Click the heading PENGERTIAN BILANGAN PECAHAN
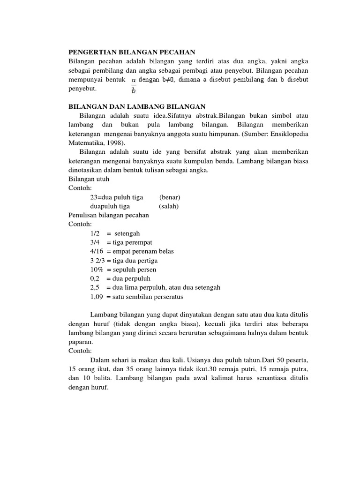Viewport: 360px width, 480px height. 131,52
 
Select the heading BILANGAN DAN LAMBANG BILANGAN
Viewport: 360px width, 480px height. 137,107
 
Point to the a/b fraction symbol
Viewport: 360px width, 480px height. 134,84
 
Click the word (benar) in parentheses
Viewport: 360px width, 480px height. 169,197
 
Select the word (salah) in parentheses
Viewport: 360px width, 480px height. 169,206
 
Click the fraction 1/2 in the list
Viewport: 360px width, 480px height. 95,233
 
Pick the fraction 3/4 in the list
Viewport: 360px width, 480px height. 95,242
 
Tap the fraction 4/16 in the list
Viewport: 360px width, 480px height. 97,251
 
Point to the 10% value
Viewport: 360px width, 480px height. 97,270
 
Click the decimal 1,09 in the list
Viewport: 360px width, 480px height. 97,297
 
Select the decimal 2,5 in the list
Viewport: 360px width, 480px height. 95,287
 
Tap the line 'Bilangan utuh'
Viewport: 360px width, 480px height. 89,179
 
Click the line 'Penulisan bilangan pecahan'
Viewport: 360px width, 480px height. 109,215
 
